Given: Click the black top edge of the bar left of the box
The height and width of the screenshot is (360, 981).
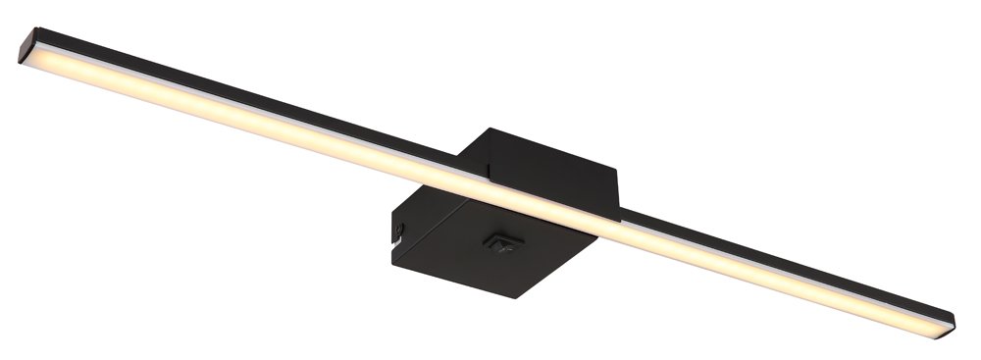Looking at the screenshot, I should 245,98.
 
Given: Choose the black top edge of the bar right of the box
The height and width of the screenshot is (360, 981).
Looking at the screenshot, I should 785,258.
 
